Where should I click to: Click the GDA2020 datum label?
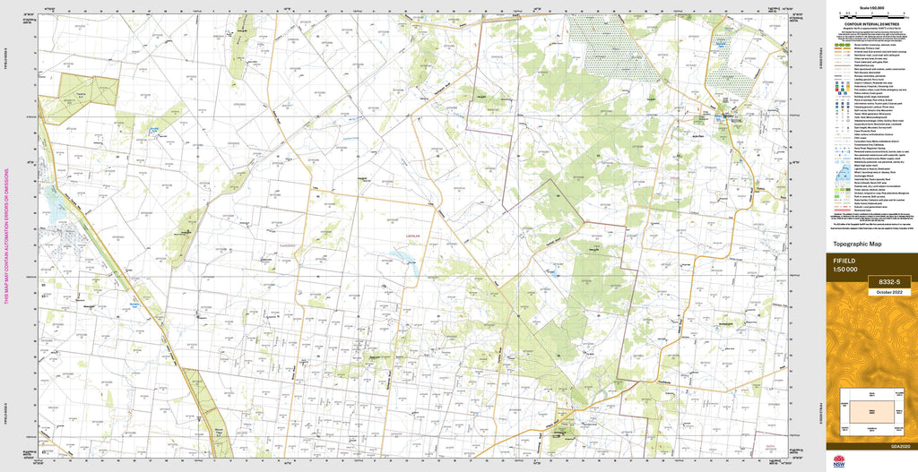(901, 446)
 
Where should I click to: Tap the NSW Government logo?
(840, 462)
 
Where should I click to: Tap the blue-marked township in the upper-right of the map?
(724, 117)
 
